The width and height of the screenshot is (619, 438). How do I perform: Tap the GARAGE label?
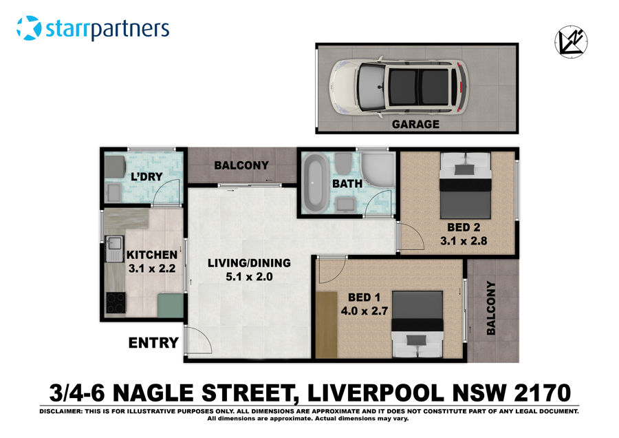(x=415, y=125)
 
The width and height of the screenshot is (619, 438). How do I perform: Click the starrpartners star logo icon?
(x=29, y=29)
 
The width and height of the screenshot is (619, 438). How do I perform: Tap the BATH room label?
(x=347, y=185)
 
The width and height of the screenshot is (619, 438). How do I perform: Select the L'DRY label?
(x=146, y=177)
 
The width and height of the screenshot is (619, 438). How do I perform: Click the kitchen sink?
(x=112, y=249)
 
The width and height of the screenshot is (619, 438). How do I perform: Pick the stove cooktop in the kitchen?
(x=115, y=302)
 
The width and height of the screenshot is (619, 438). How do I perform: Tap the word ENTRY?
(x=154, y=342)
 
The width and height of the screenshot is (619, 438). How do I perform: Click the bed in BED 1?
(x=417, y=324)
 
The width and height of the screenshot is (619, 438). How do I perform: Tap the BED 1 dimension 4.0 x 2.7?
(x=365, y=311)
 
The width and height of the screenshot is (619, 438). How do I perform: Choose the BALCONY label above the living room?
(x=241, y=165)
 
